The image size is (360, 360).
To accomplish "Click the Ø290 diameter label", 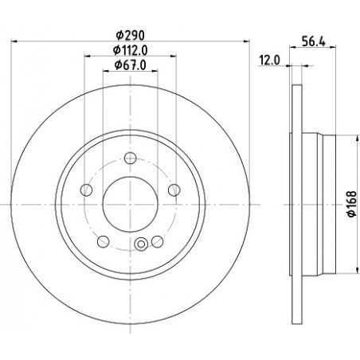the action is click(131, 35).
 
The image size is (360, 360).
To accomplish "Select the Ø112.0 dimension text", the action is click(131, 50).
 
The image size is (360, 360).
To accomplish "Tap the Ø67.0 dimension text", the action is click(131, 65).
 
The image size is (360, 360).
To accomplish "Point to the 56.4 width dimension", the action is click(314, 41).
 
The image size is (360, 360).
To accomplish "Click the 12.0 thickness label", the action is click(269, 61).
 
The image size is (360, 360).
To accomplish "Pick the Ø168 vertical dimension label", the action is click(353, 204).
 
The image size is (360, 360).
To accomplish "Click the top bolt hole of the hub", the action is click(131, 158).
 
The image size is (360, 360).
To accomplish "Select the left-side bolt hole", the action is click(86, 190).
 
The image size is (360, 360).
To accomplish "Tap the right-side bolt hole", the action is click(174, 190).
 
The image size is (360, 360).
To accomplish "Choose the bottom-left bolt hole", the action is click(104, 241).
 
